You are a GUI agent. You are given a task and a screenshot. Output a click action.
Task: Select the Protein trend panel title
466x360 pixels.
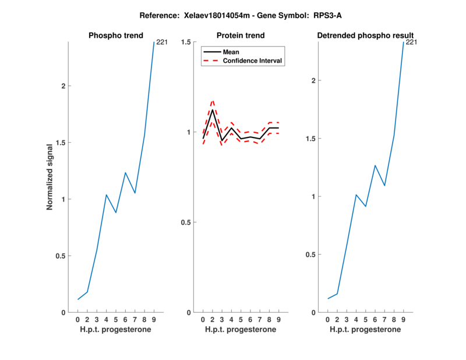coord(241,36)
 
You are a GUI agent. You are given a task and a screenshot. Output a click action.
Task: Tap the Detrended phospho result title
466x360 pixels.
coord(365,36)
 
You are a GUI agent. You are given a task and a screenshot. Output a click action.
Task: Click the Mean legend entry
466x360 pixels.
coord(231,52)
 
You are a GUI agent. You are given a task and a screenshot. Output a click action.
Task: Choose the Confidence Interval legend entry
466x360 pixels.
coord(253,61)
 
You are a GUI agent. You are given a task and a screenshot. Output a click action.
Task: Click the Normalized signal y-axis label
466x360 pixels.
coord(50,177)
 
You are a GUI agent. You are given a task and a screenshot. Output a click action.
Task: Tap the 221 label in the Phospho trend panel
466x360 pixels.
coord(161,42)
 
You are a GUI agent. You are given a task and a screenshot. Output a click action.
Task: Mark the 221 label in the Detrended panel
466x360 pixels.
coord(411,42)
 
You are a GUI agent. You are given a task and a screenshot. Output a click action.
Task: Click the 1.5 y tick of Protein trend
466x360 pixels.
coord(186,42)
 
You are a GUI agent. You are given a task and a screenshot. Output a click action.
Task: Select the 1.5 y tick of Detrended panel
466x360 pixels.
coord(311,139)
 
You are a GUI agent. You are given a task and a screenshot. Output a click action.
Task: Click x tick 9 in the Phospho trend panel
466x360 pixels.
coord(154,320)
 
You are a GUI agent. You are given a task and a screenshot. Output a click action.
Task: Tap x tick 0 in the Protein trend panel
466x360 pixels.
coord(203,320)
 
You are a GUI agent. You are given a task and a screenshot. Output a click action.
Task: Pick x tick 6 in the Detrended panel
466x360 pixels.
coord(375,320)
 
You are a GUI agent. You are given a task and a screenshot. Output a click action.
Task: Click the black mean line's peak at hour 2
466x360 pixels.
coord(213,110)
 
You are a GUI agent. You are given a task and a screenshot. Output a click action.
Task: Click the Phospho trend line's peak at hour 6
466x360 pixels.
coord(125,172)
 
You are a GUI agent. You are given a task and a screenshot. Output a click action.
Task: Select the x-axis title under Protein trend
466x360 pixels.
coord(241,330)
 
